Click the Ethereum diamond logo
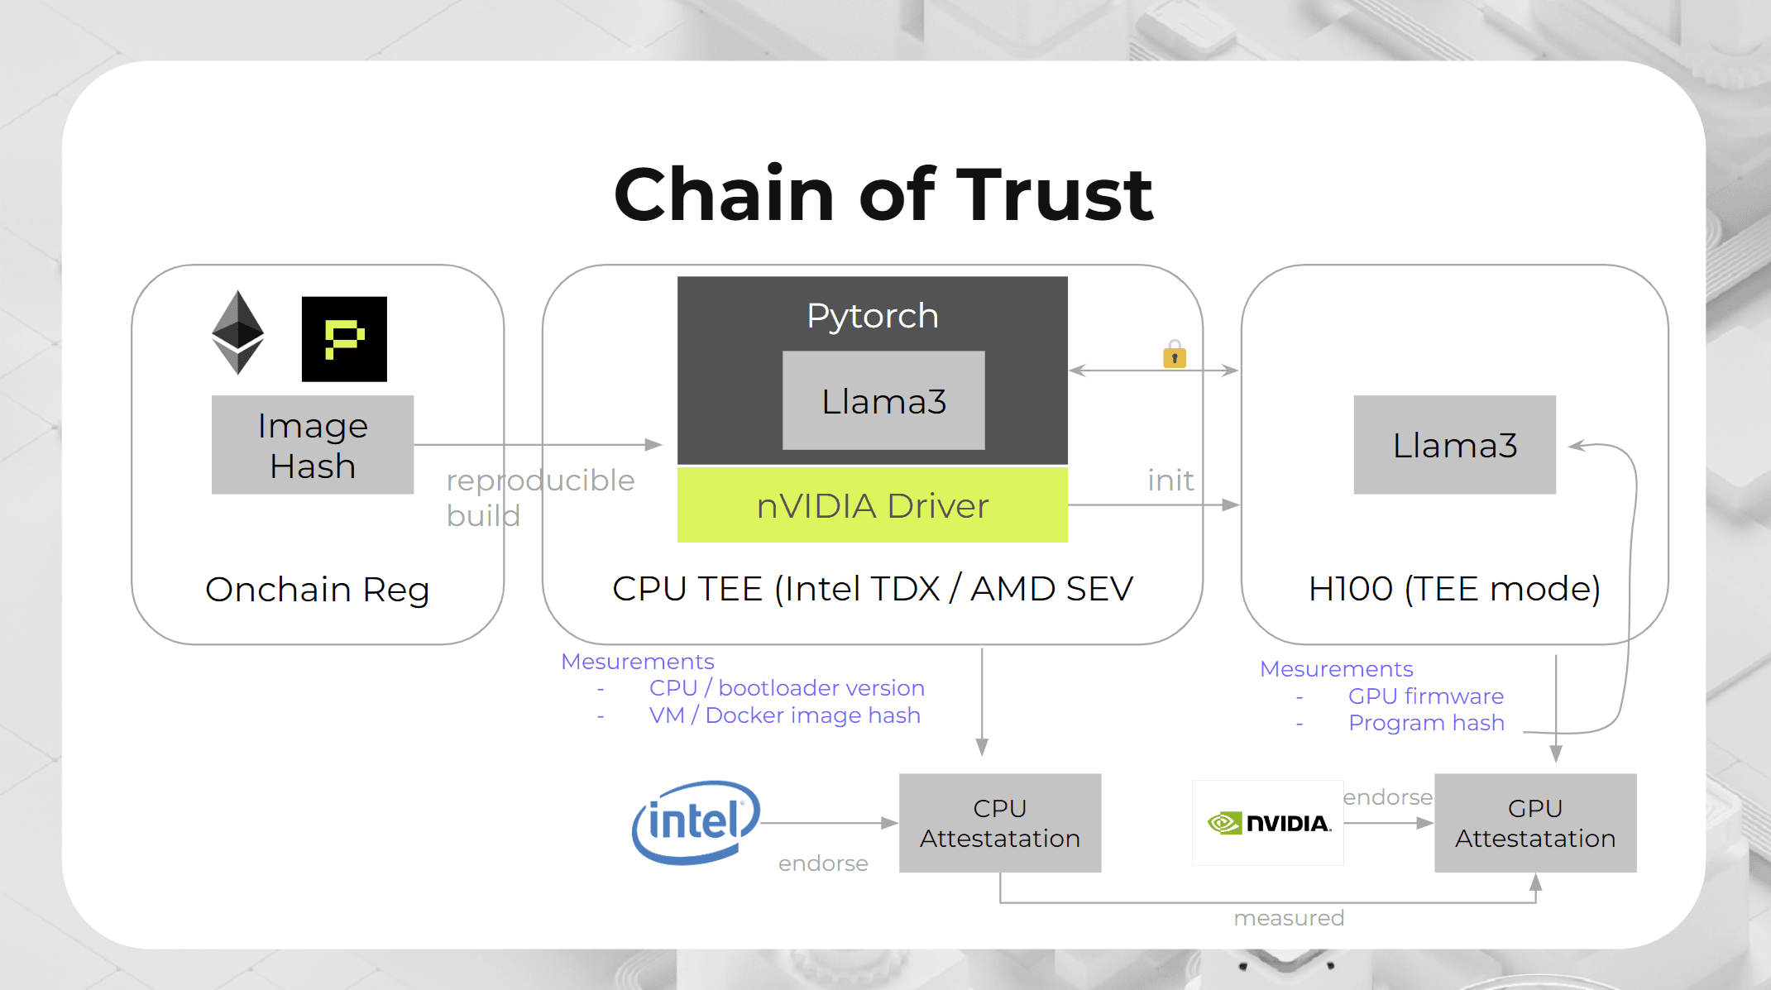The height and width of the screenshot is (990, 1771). click(x=238, y=332)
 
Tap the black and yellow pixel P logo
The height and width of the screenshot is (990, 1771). click(x=344, y=339)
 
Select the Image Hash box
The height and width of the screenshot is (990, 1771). click(x=313, y=445)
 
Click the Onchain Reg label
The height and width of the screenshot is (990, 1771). click(x=318, y=590)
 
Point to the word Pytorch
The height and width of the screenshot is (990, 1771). click(x=873, y=316)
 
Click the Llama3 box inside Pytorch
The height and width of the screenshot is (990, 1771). click(x=883, y=401)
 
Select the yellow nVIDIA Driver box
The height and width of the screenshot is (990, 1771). click(x=873, y=505)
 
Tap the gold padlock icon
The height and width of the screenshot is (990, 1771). click(x=1175, y=355)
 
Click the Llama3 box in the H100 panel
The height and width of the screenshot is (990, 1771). click(x=1454, y=445)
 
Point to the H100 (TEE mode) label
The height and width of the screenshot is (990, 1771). click(x=1454, y=589)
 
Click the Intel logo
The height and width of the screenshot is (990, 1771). click(x=696, y=822)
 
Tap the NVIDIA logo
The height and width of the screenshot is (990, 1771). click(x=1268, y=823)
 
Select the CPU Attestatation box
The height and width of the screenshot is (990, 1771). click(x=1000, y=823)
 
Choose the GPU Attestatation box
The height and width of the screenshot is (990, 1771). click(x=1535, y=823)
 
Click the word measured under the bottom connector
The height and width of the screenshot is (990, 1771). click(x=1289, y=918)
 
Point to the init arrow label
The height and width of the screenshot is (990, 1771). click(x=1170, y=481)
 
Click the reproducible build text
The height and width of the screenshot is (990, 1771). click(x=539, y=497)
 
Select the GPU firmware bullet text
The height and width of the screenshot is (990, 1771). click(x=1425, y=696)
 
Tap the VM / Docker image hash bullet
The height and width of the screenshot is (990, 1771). click(x=784, y=715)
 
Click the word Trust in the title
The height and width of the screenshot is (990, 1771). click(x=1055, y=195)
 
